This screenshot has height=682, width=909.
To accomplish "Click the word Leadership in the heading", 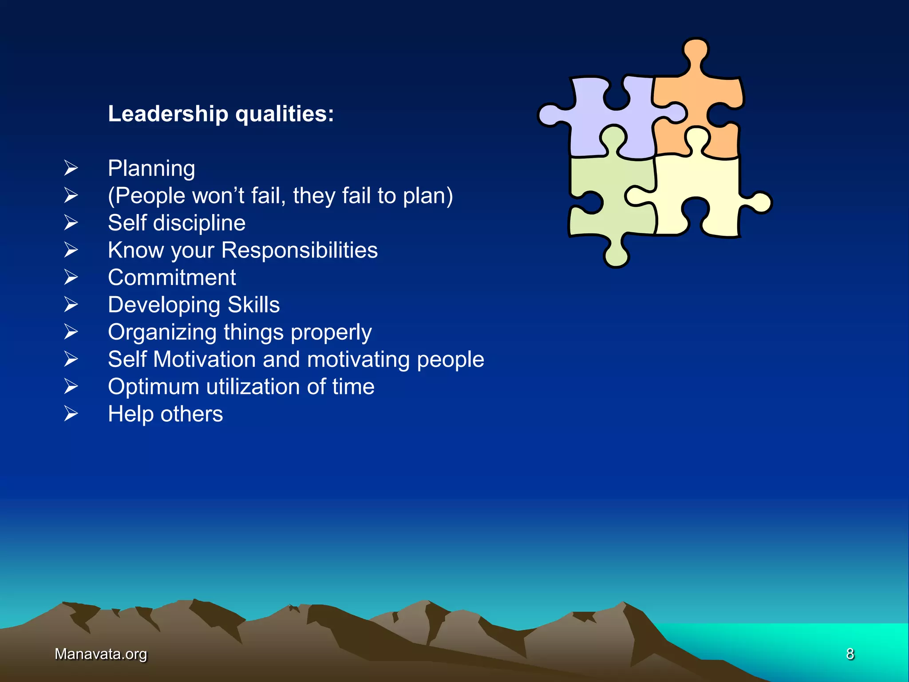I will pos(168,114).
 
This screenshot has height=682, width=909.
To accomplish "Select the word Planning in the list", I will pos(151,169).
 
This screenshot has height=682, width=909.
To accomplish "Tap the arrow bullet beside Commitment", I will pos(71,278).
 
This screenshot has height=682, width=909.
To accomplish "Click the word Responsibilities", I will pos(299,250).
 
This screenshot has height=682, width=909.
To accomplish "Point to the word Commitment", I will pos(172,278).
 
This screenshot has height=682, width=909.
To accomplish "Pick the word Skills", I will pos(253,305).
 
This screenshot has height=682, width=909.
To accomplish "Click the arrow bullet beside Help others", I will pos(71,414).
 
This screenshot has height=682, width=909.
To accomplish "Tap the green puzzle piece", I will pos(608,209).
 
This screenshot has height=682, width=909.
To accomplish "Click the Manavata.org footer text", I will pos(101,654).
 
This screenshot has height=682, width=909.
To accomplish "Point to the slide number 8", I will pos(850,654).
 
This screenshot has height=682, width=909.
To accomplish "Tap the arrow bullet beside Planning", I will pos(71,168).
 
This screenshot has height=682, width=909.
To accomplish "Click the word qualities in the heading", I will pos(285,114).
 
